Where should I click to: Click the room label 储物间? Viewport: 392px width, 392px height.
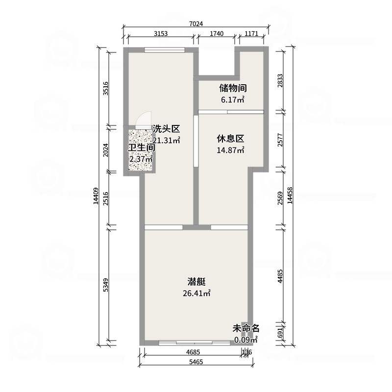click(233, 88)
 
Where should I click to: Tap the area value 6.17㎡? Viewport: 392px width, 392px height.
click(233, 100)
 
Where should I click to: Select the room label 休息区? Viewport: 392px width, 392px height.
click(230, 139)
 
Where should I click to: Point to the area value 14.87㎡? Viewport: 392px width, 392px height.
click(230, 150)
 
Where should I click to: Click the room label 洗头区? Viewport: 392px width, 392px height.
click(167, 129)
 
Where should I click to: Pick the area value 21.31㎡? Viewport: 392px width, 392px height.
click(167, 141)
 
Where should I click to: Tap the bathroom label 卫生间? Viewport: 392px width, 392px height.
click(142, 147)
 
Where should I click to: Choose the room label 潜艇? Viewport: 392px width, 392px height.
click(196, 282)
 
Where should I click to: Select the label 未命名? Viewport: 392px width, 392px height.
click(245, 328)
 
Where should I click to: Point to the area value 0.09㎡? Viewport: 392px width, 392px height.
click(245, 340)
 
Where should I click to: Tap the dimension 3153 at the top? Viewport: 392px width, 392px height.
click(161, 34)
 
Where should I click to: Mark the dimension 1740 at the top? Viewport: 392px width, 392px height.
click(217, 34)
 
